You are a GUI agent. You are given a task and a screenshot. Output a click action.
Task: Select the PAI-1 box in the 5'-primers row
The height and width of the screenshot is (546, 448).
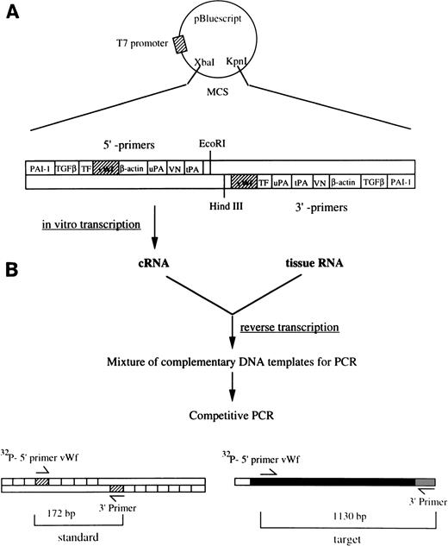click(40, 169)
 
